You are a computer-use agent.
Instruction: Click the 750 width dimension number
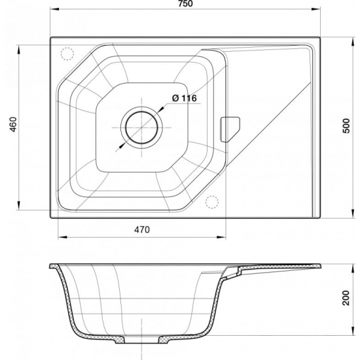[186, 5]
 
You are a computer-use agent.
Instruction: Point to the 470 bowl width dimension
[143, 229]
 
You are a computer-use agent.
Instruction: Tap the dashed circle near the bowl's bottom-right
[211, 202]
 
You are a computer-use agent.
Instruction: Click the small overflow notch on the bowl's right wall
[231, 128]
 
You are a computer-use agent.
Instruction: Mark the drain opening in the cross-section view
[141, 341]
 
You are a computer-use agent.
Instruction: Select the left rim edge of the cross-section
[52, 266]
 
